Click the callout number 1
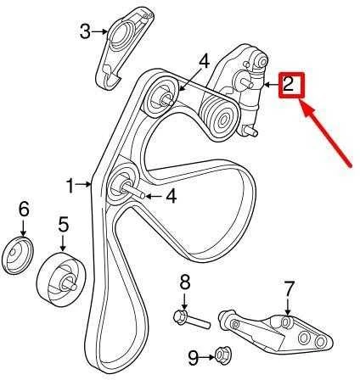pyautogui.click(x=70, y=186)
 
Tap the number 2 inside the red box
pyautogui.click(x=288, y=84)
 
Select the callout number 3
pyautogui.click(x=85, y=31)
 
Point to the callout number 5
pyautogui.click(x=63, y=224)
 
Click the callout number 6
pyautogui.click(x=24, y=210)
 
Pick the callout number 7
pyautogui.click(x=290, y=288)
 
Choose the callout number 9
pyautogui.click(x=194, y=358)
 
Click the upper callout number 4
pyautogui.click(x=204, y=62)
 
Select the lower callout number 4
pyautogui.click(x=172, y=196)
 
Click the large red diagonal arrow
pyautogui.click(x=327, y=135)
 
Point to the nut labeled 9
pyautogui.click(x=223, y=357)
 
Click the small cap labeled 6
pyautogui.click(x=18, y=255)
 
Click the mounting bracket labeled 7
pyautogui.click(x=276, y=332)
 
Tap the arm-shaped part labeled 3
pyautogui.click(x=125, y=48)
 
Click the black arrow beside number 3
pyautogui.click(x=99, y=31)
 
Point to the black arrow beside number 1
pyautogui.click(x=83, y=185)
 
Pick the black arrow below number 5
pyautogui.click(x=63, y=243)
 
